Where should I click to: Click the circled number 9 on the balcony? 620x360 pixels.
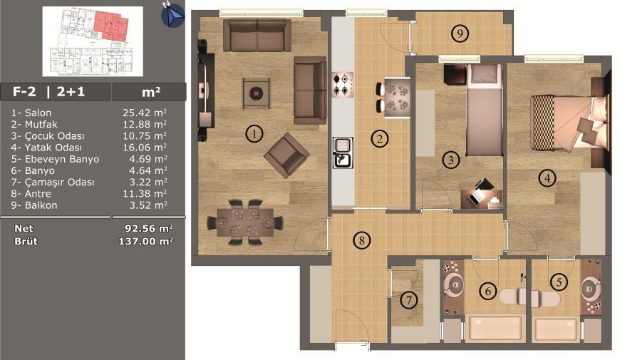(x=460, y=34)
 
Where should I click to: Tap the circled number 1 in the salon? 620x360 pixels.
(x=254, y=133)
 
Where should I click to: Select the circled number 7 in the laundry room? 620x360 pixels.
(x=409, y=300)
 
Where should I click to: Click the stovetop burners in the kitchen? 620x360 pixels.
(x=342, y=85)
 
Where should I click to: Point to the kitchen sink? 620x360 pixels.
(x=343, y=153)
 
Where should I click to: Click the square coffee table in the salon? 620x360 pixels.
(x=257, y=93)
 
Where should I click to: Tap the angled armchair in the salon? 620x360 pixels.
(x=286, y=155)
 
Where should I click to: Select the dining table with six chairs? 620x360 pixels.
(x=245, y=222)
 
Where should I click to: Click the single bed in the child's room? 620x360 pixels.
(x=484, y=110)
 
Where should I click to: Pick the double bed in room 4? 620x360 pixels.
(x=568, y=123)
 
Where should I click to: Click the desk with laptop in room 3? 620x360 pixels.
(x=482, y=197)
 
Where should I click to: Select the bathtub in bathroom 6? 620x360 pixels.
(x=495, y=329)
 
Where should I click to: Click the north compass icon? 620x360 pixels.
(x=172, y=16)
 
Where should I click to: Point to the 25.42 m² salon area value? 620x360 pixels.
(x=145, y=113)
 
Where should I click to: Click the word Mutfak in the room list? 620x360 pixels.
(x=41, y=124)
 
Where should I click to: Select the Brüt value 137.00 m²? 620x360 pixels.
(x=146, y=241)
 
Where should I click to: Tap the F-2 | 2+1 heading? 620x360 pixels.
(x=48, y=92)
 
